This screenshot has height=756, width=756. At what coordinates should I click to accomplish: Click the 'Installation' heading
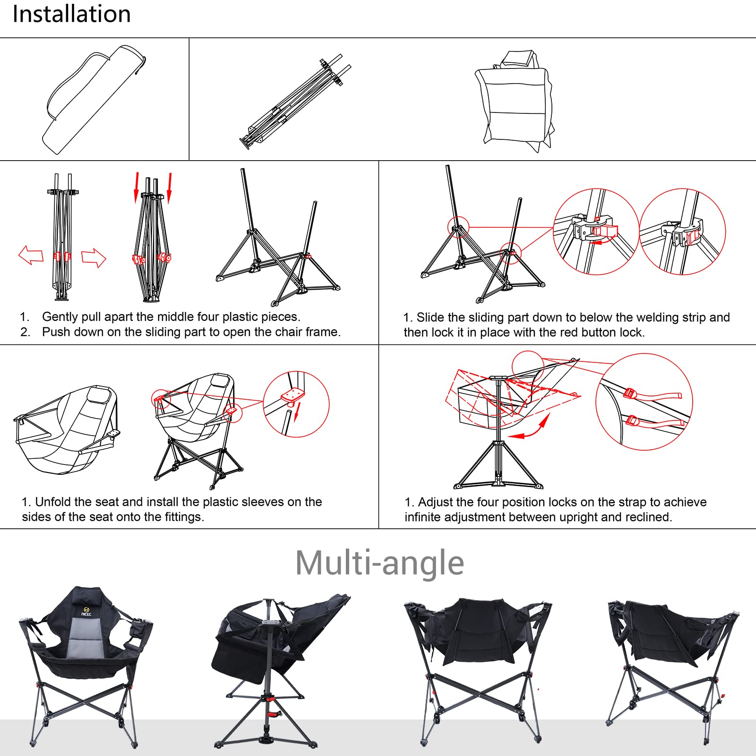click(72, 14)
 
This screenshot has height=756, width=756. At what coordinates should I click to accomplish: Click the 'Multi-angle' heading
click(379, 563)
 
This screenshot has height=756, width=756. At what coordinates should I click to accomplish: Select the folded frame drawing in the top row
click(295, 101)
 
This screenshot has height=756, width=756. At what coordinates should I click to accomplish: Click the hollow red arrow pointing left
click(31, 256)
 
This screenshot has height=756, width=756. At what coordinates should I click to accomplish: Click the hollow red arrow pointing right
click(94, 258)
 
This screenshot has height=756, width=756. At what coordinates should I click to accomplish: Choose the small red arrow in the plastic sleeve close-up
click(296, 413)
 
